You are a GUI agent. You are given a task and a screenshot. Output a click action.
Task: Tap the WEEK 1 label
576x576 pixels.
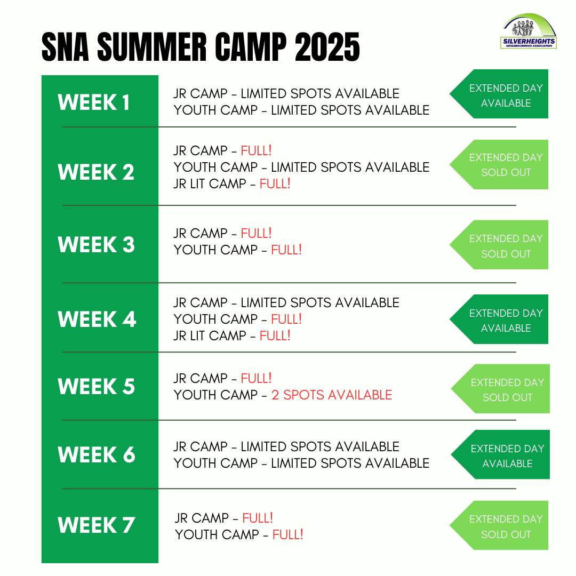[x=94, y=102]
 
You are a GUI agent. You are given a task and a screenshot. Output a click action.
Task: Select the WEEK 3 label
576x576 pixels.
[x=96, y=245]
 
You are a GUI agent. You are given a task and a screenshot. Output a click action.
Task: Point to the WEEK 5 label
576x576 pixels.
[x=96, y=387]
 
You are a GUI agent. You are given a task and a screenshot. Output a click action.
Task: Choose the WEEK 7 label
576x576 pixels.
[x=96, y=525]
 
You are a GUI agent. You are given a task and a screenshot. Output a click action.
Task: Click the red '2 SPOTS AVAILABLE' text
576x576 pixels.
[x=332, y=395]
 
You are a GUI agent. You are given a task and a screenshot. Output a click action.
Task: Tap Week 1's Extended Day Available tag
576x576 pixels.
[x=499, y=94]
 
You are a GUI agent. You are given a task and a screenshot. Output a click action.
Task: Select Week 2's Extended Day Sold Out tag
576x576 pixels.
[x=499, y=165]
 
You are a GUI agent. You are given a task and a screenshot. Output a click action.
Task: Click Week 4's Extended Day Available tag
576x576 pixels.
[x=499, y=319]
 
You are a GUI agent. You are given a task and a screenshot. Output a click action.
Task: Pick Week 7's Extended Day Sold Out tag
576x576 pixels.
[x=499, y=525]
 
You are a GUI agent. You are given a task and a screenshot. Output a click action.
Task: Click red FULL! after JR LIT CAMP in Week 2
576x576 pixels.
[x=275, y=183]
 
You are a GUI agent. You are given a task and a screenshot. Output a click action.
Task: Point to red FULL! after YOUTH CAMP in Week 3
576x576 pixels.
[x=286, y=250]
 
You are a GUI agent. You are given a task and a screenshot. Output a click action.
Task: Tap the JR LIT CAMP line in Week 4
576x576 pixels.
[x=232, y=336]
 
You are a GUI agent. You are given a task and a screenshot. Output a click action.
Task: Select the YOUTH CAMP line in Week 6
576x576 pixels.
[x=301, y=463]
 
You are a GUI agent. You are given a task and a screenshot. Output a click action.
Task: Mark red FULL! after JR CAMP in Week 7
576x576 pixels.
[x=258, y=518]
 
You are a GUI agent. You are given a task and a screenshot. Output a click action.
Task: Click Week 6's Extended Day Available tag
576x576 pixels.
[x=501, y=455]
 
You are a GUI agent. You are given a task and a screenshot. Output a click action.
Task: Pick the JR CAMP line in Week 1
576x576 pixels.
[x=286, y=94]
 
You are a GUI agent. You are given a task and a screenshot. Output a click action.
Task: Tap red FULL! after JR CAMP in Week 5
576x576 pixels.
[x=256, y=378]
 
